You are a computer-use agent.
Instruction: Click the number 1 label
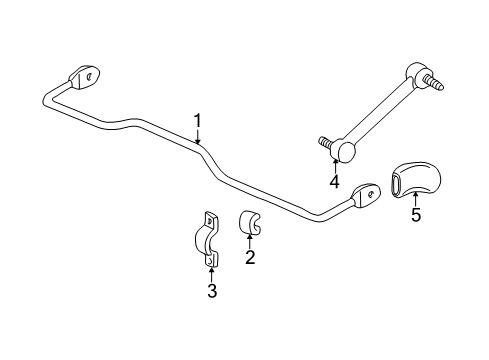coord(198,121)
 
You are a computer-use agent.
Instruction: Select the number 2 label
coord(250,258)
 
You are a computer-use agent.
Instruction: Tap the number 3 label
coord(212,291)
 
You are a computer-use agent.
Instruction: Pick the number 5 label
coord(415,214)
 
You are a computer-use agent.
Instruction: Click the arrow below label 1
coord(199,138)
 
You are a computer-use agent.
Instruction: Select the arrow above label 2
coord(250,240)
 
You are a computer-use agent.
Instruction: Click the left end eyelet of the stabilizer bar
coord(85,77)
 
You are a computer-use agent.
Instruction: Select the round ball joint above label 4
coord(345,150)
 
